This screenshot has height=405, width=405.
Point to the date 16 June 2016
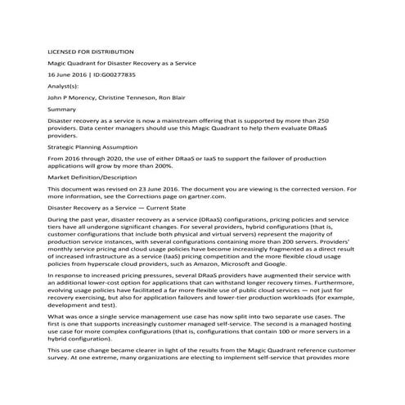68,74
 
